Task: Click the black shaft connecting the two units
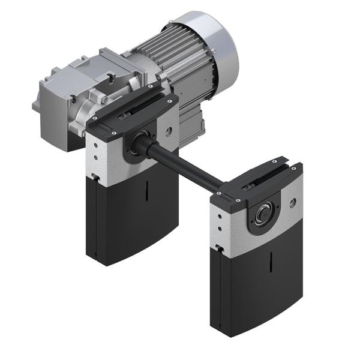coord(186,165)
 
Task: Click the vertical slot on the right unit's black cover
coord(271,262)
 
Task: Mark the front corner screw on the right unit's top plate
coord(238,200)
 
